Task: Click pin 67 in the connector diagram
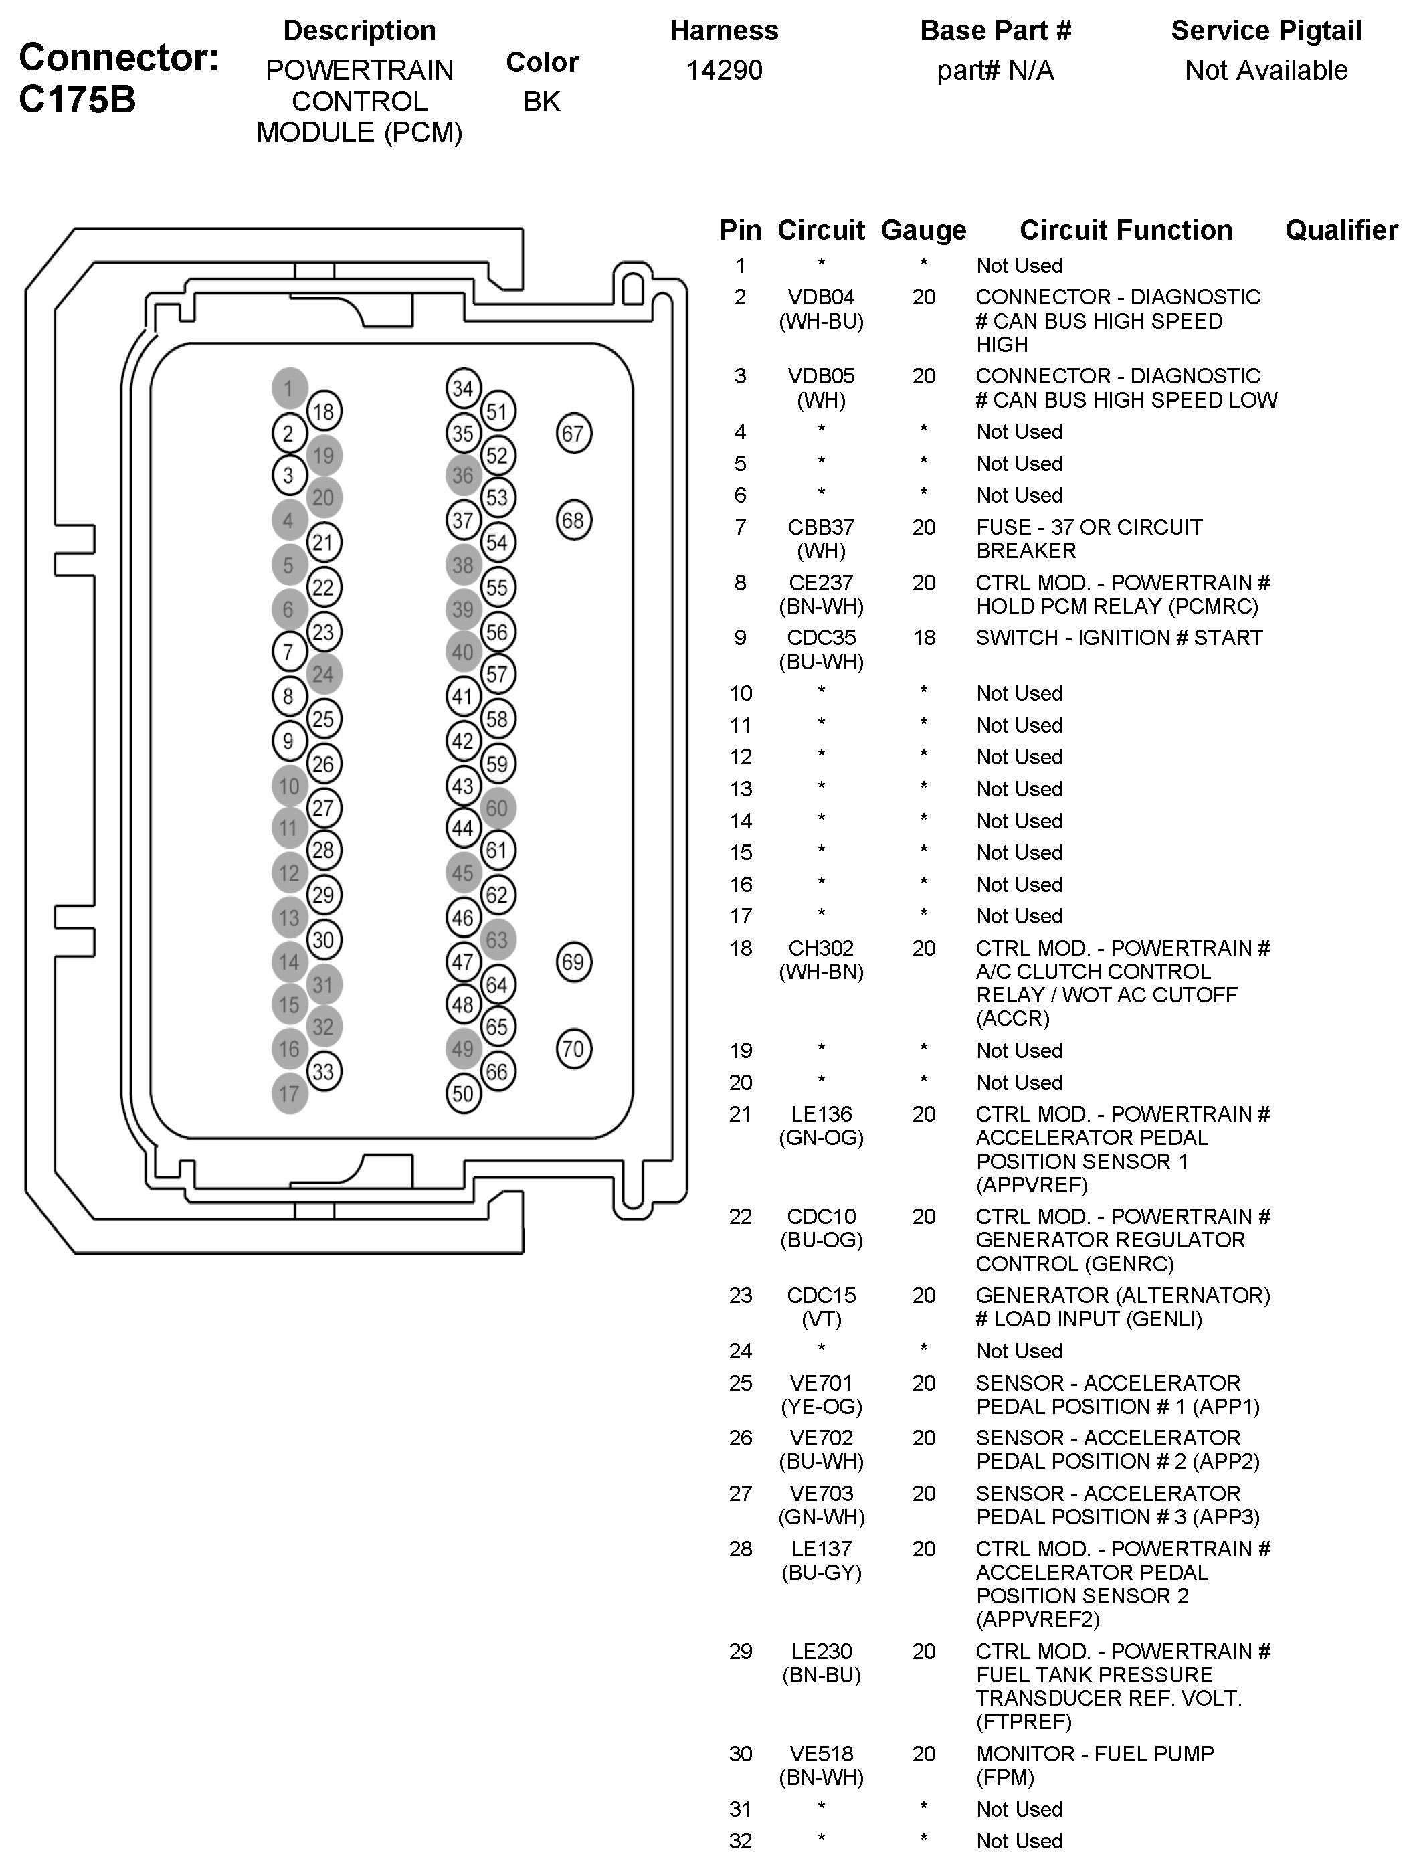pyautogui.click(x=573, y=434)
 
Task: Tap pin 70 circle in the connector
pyautogui.click(x=573, y=1049)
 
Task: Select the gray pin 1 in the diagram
pyautogui.click(x=289, y=388)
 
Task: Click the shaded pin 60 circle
pyautogui.click(x=497, y=808)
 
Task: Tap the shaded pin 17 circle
pyautogui.click(x=289, y=1093)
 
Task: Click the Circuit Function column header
pyautogui.click(x=1125, y=230)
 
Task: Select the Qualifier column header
pyautogui.click(x=1341, y=230)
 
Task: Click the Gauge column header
pyautogui.click(x=923, y=230)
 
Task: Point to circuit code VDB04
pyautogui.click(x=821, y=297)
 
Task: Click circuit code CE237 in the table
pyautogui.click(x=821, y=583)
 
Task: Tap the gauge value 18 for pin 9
pyautogui.click(x=923, y=638)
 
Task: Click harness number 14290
pyautogui.click(x=724, y=70)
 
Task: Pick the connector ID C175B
pyautogui.click(x=77, y=100)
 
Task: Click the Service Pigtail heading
pyautogui.click(x=1266, y=31)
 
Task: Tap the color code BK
pyautogui.click(x=541, y=102)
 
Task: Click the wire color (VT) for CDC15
pyautogui.click(x=821, y=1319)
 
